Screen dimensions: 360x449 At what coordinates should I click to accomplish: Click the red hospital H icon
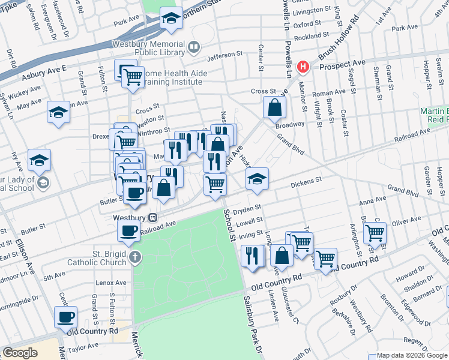[x=304, y=66]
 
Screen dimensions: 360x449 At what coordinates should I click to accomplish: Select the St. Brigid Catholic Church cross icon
[x=136, y=257]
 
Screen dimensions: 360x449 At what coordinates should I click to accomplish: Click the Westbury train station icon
[x=153, y=217]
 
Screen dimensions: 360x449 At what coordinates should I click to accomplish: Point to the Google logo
[x=20, y=353]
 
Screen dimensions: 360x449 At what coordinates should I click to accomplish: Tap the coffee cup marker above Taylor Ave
[x=66, y=316]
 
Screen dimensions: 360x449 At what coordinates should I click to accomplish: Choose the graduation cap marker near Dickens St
[x=257, y=179]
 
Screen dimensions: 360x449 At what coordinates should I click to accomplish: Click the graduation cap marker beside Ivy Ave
[x=40, y=160]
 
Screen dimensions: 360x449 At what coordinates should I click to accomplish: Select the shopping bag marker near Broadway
[x=274, y=107]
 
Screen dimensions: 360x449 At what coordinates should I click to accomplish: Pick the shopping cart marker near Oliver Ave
[x=375, y=232]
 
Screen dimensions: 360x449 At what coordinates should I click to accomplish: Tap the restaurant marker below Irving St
[x=253, y=255]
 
